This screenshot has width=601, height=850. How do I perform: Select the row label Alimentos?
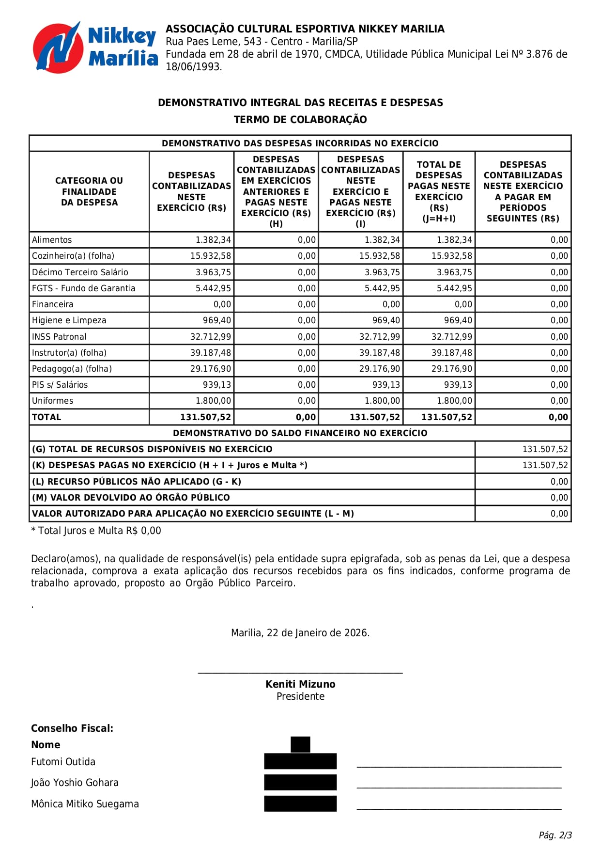[52, 240]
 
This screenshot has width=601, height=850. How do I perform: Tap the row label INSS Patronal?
[59, 337]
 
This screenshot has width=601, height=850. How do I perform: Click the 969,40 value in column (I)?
[386, 320]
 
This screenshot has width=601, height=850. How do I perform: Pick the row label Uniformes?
[53, 401]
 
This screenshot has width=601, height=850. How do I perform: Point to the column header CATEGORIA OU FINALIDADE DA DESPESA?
[89, 191]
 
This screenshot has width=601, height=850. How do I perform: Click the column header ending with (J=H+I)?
[439, 191]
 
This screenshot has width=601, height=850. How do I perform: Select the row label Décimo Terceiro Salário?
[80, 272]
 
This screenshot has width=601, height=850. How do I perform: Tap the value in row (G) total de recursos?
[545, 449]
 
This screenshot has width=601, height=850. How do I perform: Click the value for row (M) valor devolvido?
[559, 498]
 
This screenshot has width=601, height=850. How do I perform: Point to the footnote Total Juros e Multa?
[96, 531]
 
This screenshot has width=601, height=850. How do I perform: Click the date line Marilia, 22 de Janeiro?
[300, 633]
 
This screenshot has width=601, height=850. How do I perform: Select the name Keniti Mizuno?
[300, 684]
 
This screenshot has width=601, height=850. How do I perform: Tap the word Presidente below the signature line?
[300, 696]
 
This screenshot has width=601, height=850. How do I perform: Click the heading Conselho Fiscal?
[72, 728]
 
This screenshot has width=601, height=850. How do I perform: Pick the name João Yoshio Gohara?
[75, 783]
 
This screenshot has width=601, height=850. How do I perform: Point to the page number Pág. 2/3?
[555, 835]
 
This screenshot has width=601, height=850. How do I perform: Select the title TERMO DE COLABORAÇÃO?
[300, 120]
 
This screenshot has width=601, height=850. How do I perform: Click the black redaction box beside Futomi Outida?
[300, 761]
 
